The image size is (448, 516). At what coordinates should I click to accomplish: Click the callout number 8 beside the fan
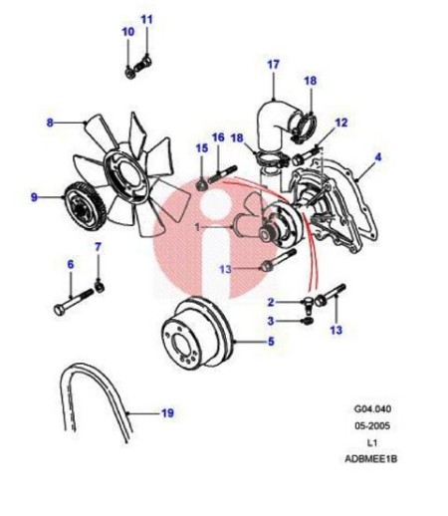pos(50,123)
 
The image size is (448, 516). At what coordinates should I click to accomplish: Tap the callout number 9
pos(34,197)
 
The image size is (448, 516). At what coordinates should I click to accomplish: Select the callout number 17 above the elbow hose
pos(274,65)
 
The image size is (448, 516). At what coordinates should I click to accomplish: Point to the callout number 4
pos(378,157)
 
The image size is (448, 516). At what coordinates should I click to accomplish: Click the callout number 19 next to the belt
pos(167,413)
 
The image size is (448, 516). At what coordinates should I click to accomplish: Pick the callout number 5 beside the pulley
pos(271,341)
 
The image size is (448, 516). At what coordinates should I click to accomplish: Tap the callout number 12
pos(341,123)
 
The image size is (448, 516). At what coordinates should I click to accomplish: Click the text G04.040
pos(372,408)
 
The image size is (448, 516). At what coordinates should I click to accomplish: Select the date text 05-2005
pos(372,425)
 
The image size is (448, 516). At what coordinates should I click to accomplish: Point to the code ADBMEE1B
pos(371,459)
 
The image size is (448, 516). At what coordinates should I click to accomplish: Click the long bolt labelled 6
pos(74,303)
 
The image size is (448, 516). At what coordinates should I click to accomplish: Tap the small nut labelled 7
pos(100,287)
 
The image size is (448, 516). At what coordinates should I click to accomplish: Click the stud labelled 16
pos(222,174)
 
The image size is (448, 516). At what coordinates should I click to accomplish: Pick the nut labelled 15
pos(202,184)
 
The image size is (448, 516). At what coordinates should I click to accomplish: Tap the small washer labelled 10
pos(129,73)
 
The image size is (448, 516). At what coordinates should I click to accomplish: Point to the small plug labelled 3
pos(308,321)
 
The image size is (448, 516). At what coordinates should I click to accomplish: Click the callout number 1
pos(198,227)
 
